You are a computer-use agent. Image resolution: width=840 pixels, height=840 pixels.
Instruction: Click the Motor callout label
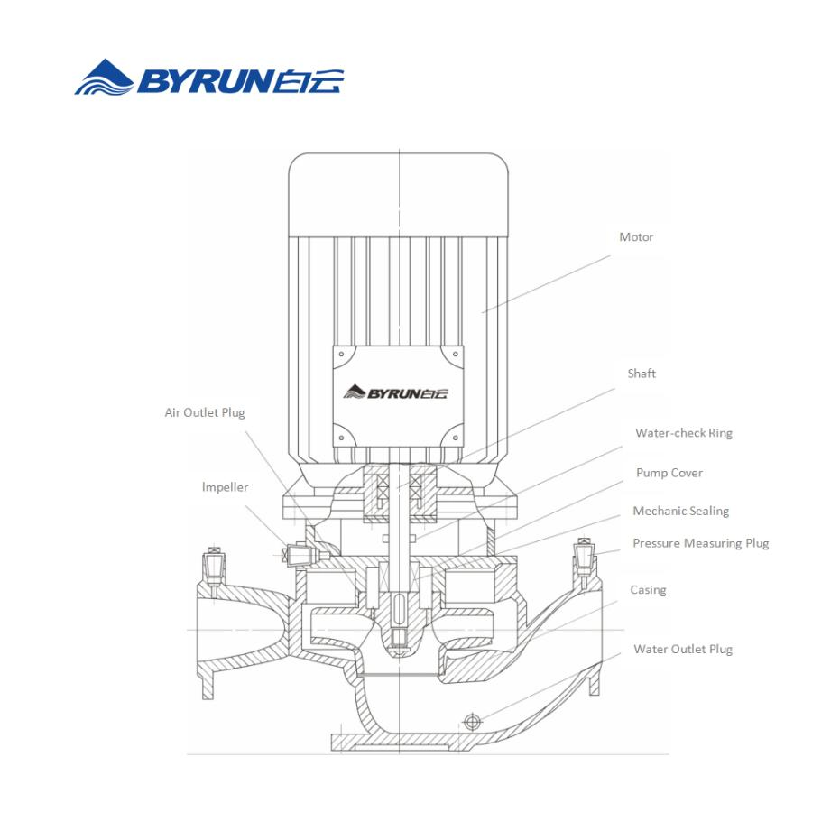(636, 237)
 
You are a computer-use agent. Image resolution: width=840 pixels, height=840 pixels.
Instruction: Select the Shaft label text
(642, 374)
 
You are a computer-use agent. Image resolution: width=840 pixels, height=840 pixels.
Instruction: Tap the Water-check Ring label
(683, 433)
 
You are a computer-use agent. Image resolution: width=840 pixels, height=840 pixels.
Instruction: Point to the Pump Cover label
(669, 473)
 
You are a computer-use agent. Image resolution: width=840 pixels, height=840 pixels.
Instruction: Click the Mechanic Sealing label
(680, 512)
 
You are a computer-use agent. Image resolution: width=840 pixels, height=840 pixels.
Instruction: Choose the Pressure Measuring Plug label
(700, 543)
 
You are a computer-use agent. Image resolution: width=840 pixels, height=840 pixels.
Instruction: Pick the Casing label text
(648, 590)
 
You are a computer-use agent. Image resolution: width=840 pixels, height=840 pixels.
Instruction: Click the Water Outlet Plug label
(682, 649)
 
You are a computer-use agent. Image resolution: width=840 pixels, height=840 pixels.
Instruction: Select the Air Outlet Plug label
(204, 412)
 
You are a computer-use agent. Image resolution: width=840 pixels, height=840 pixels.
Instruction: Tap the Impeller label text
(225, 487)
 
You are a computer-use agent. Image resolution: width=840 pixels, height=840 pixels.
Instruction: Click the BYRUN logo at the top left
(209, 78)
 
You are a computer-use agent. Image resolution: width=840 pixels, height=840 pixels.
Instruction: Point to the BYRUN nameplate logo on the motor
(395, 392)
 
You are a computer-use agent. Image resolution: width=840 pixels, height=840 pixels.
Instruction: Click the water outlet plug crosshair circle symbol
(470, 720)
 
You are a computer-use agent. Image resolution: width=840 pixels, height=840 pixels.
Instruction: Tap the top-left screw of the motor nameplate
(342, 355)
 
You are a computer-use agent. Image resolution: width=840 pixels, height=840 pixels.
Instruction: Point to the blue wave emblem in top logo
(104, 78)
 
